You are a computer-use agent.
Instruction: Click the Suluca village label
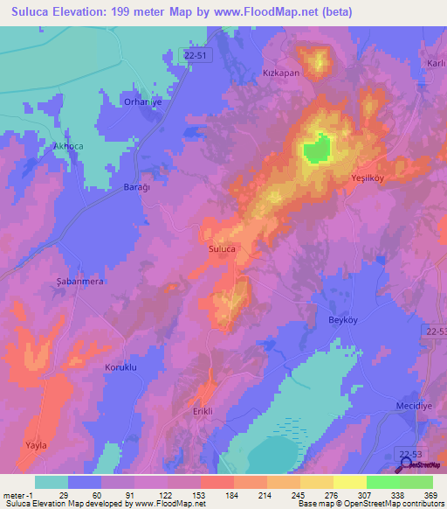point(222,249)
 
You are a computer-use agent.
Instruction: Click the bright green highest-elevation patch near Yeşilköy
point(317,148)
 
